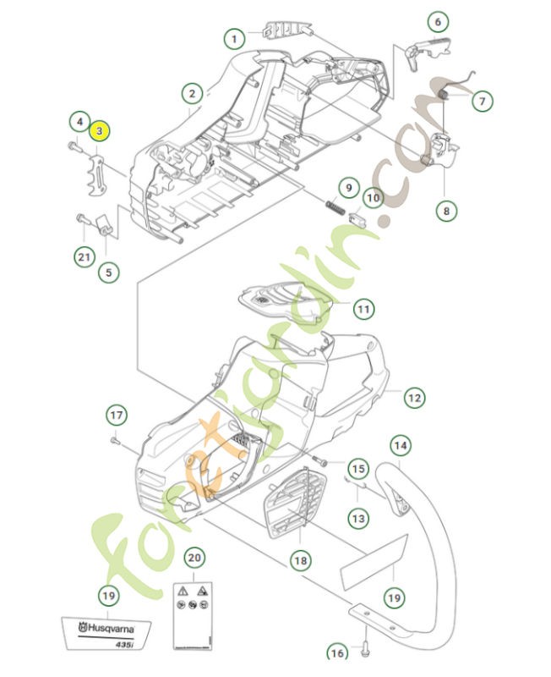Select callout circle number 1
pos(234,37)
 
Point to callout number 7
pos(481,102)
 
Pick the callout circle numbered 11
pos(363,310)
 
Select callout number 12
pos(414,397)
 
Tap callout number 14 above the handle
pos(401,445)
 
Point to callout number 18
pos(298,559)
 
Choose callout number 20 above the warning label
pos(194,558)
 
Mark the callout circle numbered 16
pos(336,652)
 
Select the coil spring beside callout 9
pos(334,206)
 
